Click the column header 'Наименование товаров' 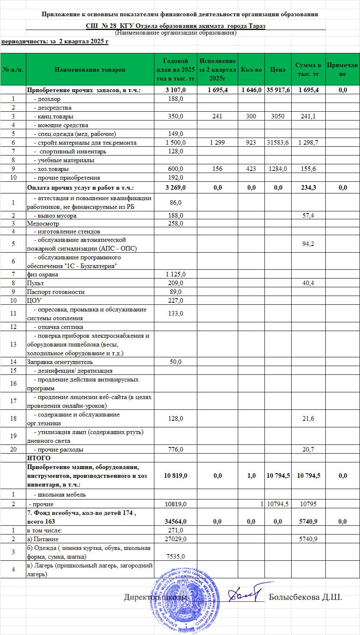pyautogui.click(x=90, y=70)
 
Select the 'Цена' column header pyautogui.click(x=278, y=70)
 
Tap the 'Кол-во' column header pyautogui.click(x=251, y=70)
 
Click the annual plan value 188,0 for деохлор pyautogui.click(x=175, y=99)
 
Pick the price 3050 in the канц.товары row pyautogui.click(x=278, y=116)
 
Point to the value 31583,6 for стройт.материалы pyautogui.click(x=278, y=143)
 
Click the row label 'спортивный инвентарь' pyautogui.click(x=73, y=151)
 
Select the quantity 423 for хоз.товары pyautogui.click(x=251, y=169)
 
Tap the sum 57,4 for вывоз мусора pyautogui.click(x=308, y=215)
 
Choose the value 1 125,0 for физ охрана pyautogui.click(x=175, y=274)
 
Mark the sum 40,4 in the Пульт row pyautogui.click(x=308, y=283)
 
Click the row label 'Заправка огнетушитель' pyautogui.click(x=60, y=362)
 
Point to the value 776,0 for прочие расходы pyautogui.click(x=175, y=449)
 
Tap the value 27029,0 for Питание pyautogui.click(x=175, y=539)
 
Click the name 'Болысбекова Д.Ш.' pyautogui.click(x=305, y=597)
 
